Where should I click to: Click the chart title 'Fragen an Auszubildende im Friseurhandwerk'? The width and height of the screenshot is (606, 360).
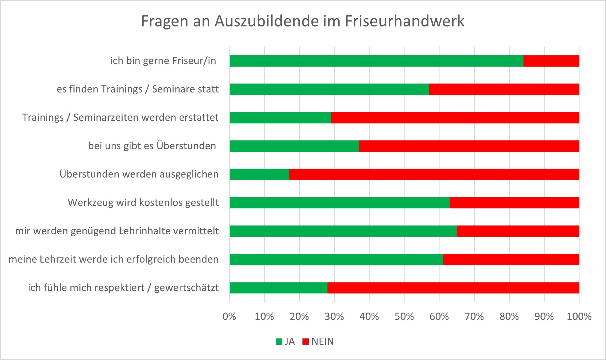click(302, 21)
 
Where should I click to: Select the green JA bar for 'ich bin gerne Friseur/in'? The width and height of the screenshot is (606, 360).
click(376, 61)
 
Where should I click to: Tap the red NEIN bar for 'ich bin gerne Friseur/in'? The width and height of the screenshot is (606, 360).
click(551, 61)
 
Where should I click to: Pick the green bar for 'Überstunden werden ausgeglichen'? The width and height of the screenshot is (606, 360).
click(259, 174)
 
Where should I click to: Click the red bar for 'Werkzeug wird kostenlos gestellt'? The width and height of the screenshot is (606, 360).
click(514, 203)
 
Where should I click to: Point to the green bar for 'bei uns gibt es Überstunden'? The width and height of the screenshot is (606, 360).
click(294, 146)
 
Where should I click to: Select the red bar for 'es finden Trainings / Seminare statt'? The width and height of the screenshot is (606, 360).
click(504, 89)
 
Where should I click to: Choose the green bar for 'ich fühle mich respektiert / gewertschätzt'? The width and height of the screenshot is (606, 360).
click(278, 288)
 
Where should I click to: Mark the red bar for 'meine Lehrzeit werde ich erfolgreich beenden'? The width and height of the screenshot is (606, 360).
click(511, 260)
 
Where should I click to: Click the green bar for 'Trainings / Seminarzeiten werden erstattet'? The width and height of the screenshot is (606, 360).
click(280, 118)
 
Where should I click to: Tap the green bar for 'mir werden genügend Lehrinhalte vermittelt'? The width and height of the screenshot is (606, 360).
click(343, 231)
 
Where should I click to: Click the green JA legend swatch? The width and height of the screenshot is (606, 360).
click(279, 342)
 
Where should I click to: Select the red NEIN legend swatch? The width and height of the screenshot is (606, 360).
click(305, 342)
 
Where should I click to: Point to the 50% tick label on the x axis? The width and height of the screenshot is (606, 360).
click(404, 317)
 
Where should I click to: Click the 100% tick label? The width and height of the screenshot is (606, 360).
click(579, 317)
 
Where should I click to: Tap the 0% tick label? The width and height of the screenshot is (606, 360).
click(229, 317)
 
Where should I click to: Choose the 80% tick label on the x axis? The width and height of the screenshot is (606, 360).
click(509, 317)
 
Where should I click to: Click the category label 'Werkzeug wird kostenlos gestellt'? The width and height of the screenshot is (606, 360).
click(143, 203)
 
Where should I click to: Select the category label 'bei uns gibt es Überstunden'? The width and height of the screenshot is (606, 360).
click(152, 146)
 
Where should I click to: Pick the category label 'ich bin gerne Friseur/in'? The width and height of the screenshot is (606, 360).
click(163, 61)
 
